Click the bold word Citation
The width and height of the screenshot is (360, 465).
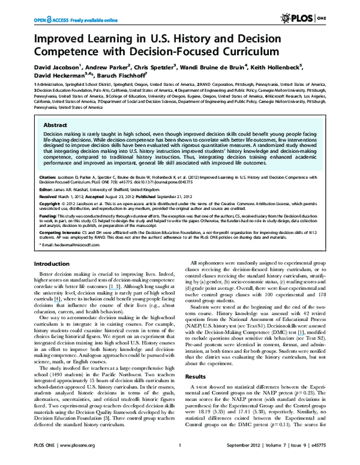pyautogui.click(x=49, y=178)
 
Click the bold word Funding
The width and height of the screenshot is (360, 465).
pyautogui.click(x=48, y=214)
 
